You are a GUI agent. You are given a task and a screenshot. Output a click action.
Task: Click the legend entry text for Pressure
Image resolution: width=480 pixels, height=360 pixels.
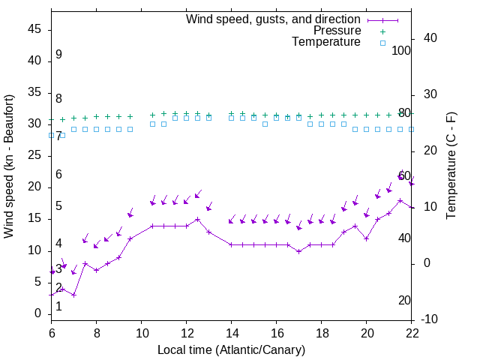[x=337, y=31]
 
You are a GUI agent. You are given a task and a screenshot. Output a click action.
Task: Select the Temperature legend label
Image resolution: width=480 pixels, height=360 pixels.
[x=326, y=42]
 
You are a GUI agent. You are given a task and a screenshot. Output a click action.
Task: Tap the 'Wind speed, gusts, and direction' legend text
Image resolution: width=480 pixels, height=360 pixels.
[x=273, y=19]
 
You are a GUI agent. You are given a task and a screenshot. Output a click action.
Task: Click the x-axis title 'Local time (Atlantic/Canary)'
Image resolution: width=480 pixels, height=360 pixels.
[x=231, y=349]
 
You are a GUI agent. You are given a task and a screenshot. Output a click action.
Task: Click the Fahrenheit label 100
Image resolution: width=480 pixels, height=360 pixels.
[x=401, y=50]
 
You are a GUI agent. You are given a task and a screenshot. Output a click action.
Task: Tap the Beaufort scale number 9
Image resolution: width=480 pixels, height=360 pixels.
[x=58, y=55]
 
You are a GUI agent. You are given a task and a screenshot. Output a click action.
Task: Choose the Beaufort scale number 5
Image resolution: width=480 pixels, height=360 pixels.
[x=58, y=206]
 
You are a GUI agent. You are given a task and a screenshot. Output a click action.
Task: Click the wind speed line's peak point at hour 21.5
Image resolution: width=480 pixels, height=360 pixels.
[x=400, y=200]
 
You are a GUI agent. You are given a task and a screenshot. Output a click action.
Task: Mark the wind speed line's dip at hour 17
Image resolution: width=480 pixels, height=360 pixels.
[x=299, y=251]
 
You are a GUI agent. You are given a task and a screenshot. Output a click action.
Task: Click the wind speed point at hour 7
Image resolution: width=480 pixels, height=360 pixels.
[x=74, y=295]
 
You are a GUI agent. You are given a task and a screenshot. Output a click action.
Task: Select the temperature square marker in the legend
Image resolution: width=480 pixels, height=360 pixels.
[x=382, y=43]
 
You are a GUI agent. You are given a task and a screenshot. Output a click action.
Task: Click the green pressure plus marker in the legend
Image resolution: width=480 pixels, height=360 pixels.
[x=382, y=31]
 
